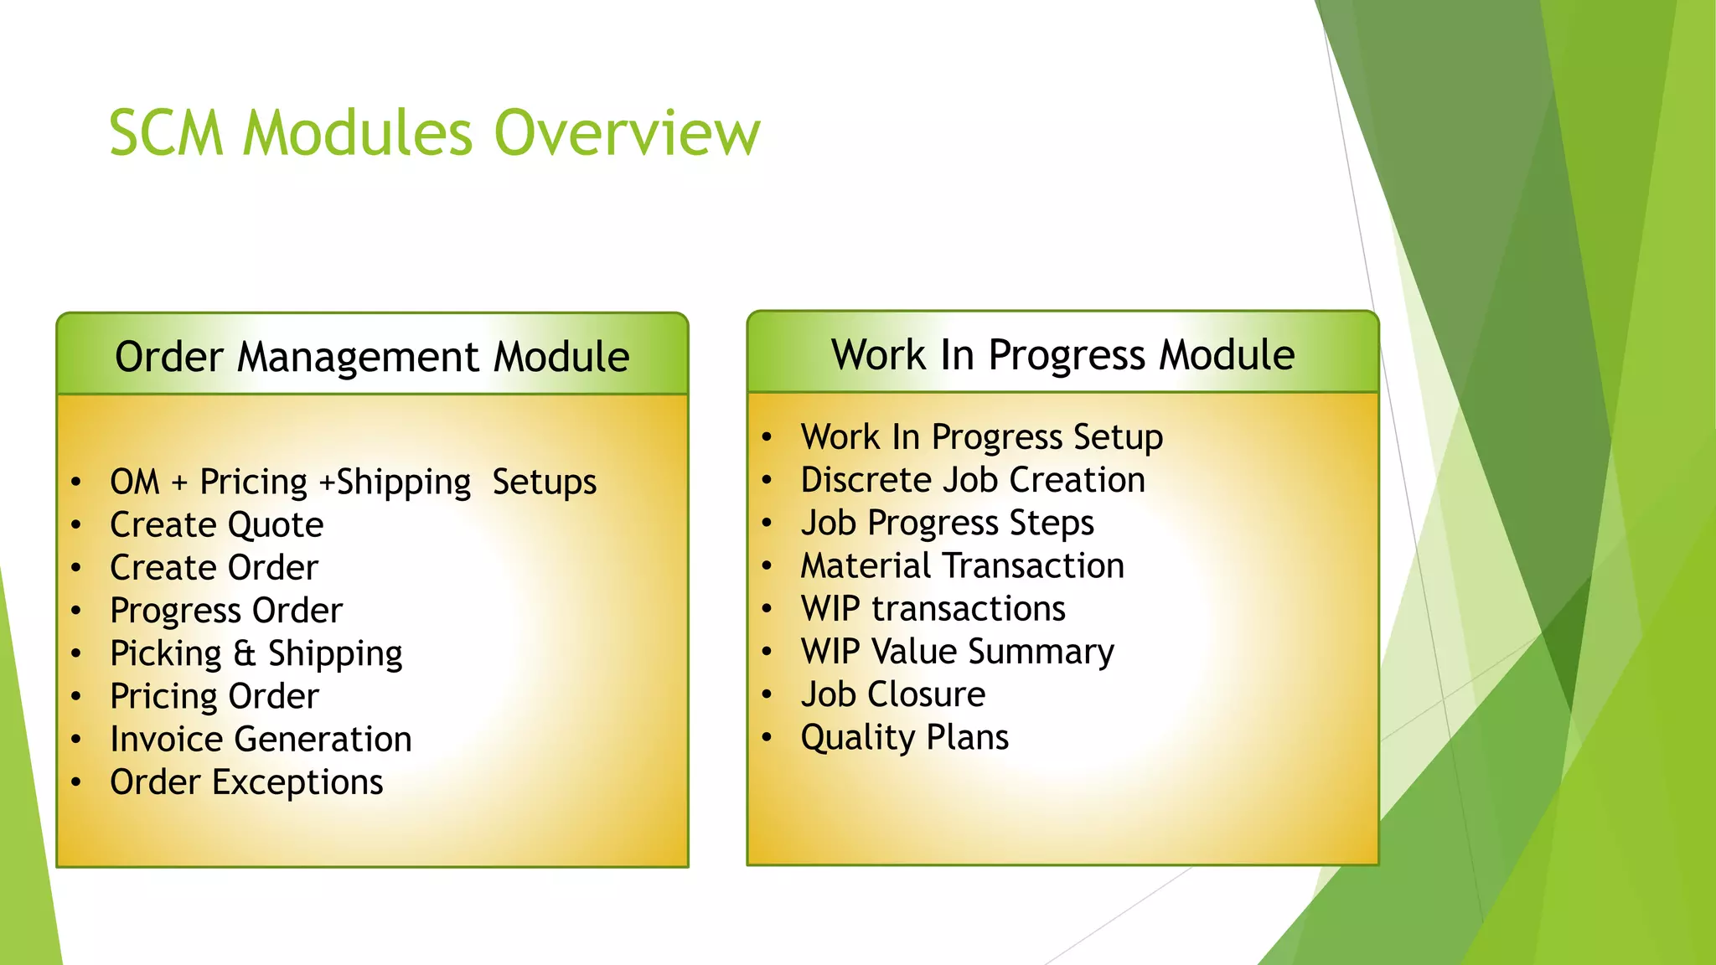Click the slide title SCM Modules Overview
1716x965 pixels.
coord(434,133)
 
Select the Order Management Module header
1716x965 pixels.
coord(372,357)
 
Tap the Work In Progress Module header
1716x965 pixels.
coord(1062,354)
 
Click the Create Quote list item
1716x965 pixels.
coord(216,525)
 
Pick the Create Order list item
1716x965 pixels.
coord(214,568)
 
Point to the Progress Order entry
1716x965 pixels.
coord(226,611)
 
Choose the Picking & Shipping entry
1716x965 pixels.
coord(256,653)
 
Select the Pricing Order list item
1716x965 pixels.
coord(214,696)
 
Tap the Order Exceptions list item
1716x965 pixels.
coord(246,782)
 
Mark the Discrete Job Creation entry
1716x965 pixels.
coord(972,480)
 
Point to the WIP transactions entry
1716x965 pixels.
coord(933,609)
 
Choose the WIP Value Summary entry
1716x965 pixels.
coord(957,652)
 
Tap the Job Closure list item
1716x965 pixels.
coord(892,694)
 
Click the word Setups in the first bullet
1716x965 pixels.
coord(544,482)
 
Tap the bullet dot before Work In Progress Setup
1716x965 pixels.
coord(766,437)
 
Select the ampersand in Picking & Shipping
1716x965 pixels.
coord(244,653)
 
